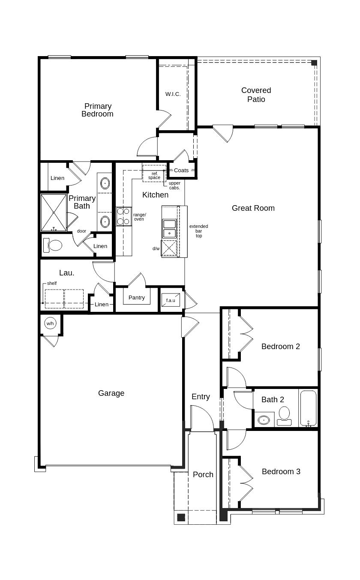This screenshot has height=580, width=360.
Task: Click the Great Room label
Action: point(253,208)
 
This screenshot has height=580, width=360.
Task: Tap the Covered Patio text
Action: point(256,95)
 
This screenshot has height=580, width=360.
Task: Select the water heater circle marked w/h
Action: point(50,323)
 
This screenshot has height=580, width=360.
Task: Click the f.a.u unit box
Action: point(171,300)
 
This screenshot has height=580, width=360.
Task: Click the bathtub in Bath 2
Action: point(308,408)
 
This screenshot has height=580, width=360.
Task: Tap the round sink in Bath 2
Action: point(264,420)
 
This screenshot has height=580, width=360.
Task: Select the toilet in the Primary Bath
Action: point(54,245)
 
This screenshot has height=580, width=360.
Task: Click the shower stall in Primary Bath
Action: point(54,212)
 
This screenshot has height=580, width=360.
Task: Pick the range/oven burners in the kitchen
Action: point(123,216)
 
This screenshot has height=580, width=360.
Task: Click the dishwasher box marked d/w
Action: point(169,248)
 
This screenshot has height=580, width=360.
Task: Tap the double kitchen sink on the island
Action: point(169,228)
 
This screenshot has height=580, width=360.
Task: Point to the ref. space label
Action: point(154,176)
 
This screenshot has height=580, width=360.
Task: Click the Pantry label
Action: point(137,298)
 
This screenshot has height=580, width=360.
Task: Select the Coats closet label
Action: point(181,170)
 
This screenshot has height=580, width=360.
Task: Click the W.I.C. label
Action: point(173,94)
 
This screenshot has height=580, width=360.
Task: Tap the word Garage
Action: point(111,393)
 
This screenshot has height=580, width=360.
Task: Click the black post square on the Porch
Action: point(181,517)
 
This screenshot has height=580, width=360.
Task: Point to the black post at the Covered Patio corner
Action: point(314,63)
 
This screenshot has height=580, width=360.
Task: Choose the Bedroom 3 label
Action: point(281,472)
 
